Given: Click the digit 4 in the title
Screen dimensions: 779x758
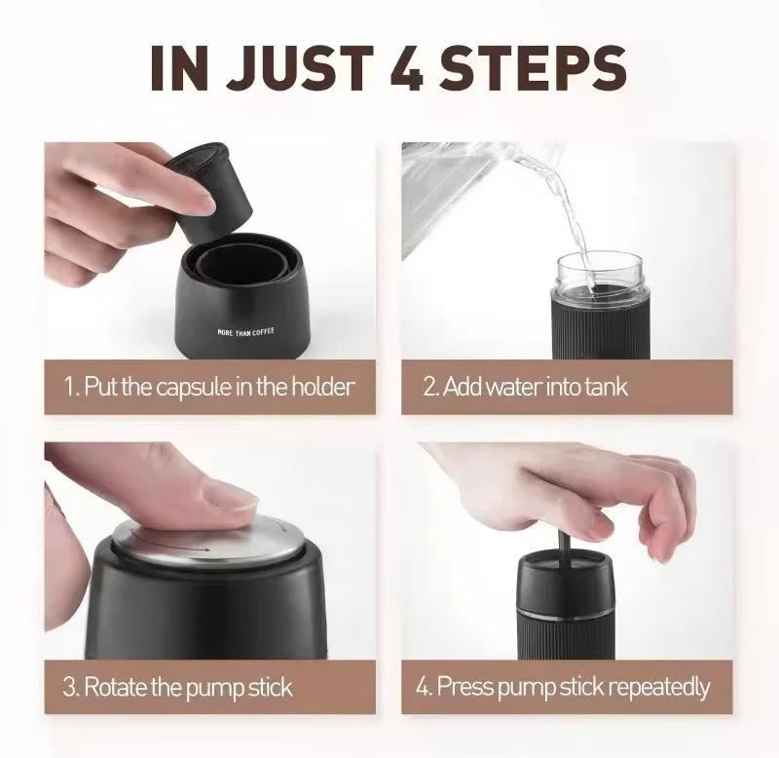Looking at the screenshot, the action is point(406,67).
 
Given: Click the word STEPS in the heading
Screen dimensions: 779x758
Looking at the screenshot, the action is point(533,68).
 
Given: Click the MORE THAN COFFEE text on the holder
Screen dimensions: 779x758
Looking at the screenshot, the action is point(245,332).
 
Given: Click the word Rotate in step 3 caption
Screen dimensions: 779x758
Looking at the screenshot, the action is point(115,687).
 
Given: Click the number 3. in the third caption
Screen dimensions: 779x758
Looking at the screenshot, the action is point(71,687).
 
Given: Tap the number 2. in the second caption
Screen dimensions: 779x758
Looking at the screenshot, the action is point(430,387).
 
